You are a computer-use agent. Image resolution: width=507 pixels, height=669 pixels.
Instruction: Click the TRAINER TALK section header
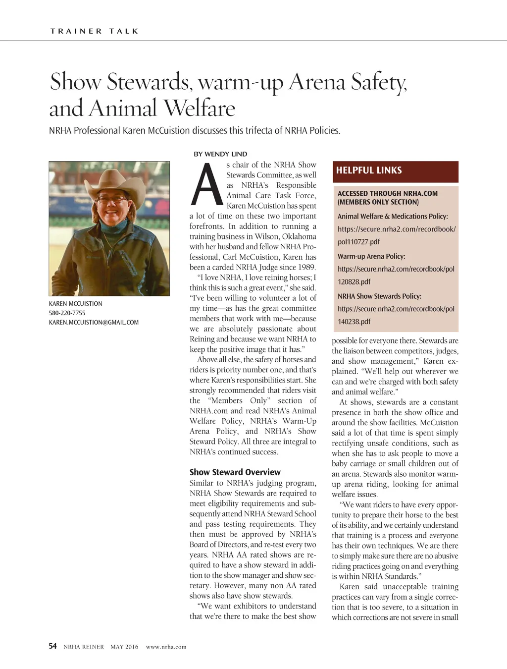[94, 31]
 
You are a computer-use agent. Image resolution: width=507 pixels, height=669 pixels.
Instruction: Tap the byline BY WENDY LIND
[220, 154]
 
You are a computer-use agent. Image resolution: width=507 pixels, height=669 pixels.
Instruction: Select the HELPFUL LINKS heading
[369, 170]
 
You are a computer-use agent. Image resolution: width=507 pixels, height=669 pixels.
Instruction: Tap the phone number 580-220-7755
[67, 313]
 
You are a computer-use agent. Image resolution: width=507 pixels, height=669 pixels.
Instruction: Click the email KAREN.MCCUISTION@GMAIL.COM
[94, 323]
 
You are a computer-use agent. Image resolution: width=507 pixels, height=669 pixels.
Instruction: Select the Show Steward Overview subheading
[235, 472]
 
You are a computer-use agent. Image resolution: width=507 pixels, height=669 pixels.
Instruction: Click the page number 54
[52, 646]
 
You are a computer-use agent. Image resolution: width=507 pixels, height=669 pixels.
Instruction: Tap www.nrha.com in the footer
[166, 647]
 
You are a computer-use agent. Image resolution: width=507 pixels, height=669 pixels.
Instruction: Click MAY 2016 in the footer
[124, 647]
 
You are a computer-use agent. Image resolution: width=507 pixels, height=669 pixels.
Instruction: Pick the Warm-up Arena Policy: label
[371, 257]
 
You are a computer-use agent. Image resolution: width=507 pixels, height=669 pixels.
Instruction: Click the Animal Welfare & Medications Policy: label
[393, 217]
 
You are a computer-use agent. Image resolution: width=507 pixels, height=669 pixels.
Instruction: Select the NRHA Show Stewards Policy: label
[379, 296]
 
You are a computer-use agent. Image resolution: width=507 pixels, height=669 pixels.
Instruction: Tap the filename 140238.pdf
[354, 322]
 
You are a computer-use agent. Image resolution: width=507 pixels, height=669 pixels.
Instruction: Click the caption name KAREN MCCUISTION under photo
[75, 304]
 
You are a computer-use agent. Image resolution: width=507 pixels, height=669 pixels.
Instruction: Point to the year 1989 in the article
[306, 267]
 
